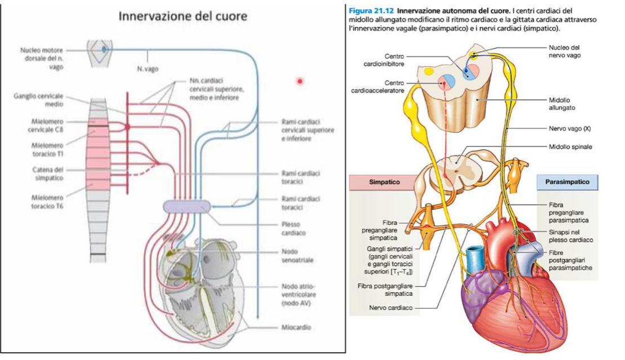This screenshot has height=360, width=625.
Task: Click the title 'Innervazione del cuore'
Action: [x=183, y=16]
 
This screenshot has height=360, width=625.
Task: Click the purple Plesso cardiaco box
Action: [x=187, y=207]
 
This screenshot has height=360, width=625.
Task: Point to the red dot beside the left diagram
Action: [x=300, y=82]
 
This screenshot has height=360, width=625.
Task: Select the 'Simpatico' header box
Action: [x=380, y=183]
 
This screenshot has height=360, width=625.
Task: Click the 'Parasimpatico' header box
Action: [x=566, y=183]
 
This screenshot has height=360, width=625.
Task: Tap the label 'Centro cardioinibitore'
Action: [x=386, y=60]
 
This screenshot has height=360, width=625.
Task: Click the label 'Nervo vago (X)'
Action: [x=569, y=128]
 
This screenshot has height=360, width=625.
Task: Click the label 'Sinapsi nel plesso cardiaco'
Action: [x=570, y=235]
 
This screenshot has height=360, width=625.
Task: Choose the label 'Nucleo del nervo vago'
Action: [x=564, y=51]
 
